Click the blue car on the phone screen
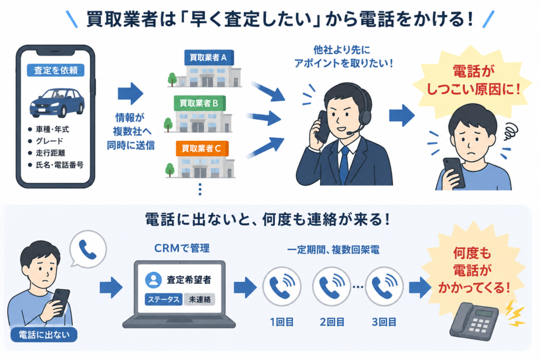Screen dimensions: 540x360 pos(57,103)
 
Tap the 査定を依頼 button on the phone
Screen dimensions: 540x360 pos(55,70)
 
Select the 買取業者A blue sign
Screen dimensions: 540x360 pos(209,57)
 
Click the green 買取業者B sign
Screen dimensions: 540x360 pos(199,103)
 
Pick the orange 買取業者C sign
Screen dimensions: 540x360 pos(202,148)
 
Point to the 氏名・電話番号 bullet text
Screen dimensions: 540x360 pos(60,165)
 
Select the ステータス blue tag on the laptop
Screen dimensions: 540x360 pos(163,299)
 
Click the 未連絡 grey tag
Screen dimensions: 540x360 pos(200,299)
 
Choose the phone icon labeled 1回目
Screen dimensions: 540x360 pos(282,286)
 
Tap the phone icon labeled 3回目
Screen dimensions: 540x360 pos(384,286)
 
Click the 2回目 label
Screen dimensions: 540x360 pos(332,322)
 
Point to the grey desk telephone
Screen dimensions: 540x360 pos(474,322)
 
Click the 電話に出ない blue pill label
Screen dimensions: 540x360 pos(44,335)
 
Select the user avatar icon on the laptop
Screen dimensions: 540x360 pos(153,280)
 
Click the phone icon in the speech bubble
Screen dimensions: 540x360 pos(88,249)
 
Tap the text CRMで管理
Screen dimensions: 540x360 pos(181,248)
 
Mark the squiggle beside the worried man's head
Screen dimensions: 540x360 pos(510,132)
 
